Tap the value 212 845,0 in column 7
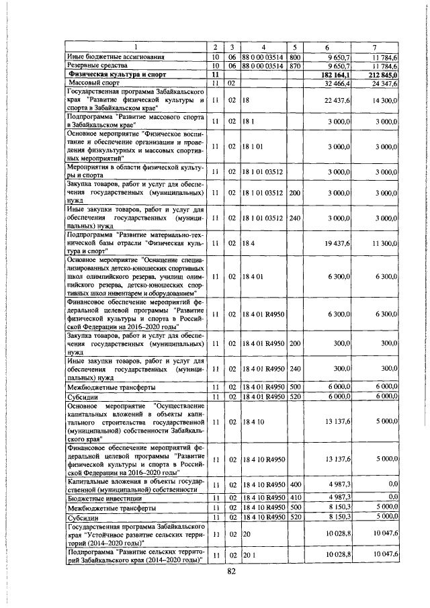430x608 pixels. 383,75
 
